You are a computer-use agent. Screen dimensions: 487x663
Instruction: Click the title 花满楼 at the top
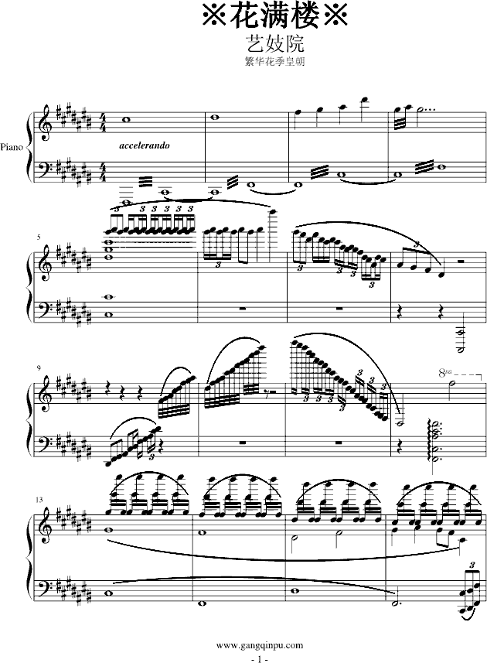275,15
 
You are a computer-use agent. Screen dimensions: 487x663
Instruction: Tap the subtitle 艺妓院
275,43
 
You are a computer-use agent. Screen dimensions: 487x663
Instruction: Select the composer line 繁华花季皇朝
275,62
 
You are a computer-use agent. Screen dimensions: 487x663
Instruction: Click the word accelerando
145,146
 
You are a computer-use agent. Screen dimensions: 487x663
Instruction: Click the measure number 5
39,238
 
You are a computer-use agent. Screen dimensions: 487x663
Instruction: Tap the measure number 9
39,368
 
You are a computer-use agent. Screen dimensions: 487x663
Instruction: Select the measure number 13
39,500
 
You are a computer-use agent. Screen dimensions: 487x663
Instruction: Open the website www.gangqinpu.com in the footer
260,644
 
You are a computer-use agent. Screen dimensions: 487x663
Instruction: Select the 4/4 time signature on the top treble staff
103,123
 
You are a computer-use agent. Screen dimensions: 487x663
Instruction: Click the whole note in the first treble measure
126,120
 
